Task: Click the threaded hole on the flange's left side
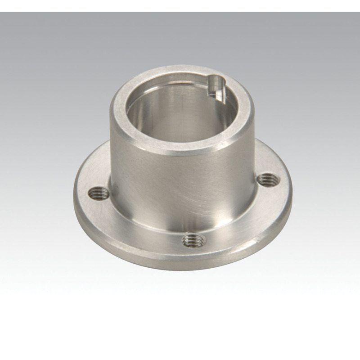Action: click(99, 193)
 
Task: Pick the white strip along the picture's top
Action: click(180, 5)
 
